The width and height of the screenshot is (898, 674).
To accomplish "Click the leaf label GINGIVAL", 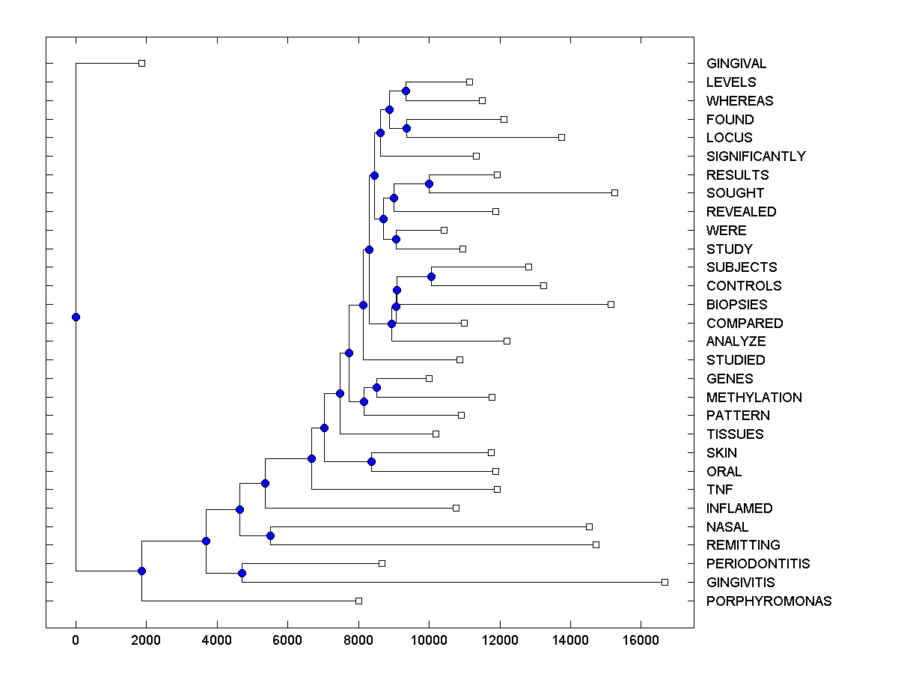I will [x=736, y=64].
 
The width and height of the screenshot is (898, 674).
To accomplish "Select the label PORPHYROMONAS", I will [x=769, y=601].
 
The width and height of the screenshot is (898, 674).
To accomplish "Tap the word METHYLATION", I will [x=754, y=398].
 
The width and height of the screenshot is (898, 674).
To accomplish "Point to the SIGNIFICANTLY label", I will [x=756, y=157].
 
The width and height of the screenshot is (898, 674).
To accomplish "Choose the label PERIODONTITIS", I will [x=758, y=564].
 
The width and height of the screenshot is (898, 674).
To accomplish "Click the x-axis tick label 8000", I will [x=358, y=640].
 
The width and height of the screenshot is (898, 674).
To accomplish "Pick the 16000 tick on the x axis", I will [x=641, y=640].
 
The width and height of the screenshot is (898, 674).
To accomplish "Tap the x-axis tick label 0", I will [x=76, y=640].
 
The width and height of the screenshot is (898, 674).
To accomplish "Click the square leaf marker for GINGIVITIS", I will [x=665, y=582].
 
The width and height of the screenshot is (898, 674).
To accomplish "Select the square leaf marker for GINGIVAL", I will [x=141, y=63].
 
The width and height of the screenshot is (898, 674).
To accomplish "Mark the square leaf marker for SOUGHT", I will [x=614, y=192].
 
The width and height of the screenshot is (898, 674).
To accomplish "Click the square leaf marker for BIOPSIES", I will [x=611, y=304].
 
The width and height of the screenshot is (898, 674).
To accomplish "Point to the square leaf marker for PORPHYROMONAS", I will [x=358, y=601].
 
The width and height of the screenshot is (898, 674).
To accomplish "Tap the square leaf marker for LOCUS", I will [x=561, y=137].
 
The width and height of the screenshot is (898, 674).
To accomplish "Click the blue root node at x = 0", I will [x=76, y=317].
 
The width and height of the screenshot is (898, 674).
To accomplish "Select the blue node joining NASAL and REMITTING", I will [x=270, y=535].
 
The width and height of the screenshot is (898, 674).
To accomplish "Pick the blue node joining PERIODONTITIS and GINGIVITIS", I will [x=242, y=573].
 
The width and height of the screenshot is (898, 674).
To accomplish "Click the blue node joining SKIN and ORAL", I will [x=371, y=461].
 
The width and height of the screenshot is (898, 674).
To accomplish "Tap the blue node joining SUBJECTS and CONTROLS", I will [x=431, y=276].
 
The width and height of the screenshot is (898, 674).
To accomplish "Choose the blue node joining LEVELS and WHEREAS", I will [x=406, y=91].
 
